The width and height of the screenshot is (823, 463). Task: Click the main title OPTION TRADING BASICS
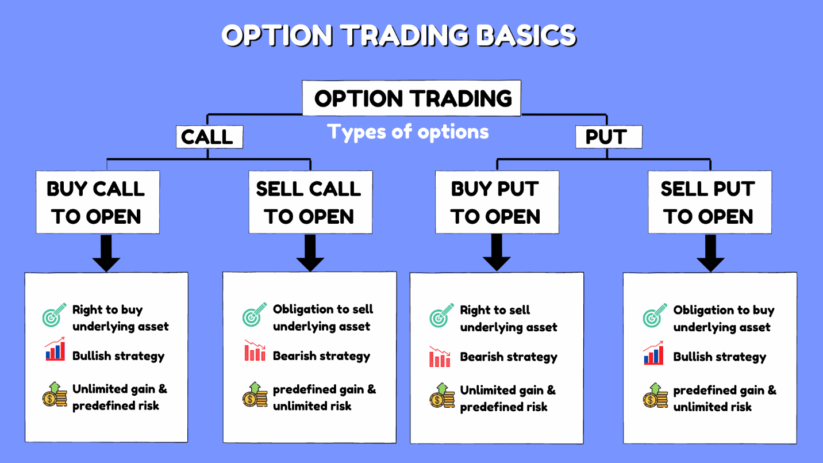[399, 35]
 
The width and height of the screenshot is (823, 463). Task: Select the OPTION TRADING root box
[411, 98]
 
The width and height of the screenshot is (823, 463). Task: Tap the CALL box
[209, 137]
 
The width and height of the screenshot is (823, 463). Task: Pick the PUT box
[609, 137]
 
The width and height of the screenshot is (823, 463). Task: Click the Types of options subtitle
[408, 132]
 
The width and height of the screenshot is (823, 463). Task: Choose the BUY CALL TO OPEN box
[98, 202]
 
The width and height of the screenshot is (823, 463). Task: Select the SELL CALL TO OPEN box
[310, 202]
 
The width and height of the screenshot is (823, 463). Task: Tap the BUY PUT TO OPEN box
[497, 202]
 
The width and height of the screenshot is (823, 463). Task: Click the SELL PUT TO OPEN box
[710, 202]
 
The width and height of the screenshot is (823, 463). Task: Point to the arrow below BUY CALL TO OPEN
[106, 254]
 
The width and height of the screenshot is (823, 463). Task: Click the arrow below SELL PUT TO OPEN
[710, 254]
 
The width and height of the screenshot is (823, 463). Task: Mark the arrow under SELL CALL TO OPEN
[310, 254]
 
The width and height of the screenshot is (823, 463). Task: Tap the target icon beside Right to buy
[54, 315]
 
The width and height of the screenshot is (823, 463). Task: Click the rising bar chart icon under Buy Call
[55, 349]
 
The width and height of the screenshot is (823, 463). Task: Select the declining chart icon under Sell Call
[255, 350]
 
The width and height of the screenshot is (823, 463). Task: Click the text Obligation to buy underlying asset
[724, 319]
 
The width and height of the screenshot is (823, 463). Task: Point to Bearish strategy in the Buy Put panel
[509, 357]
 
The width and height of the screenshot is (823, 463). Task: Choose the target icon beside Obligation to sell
[254, 315]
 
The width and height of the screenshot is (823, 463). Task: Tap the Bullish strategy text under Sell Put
[720, 357]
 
